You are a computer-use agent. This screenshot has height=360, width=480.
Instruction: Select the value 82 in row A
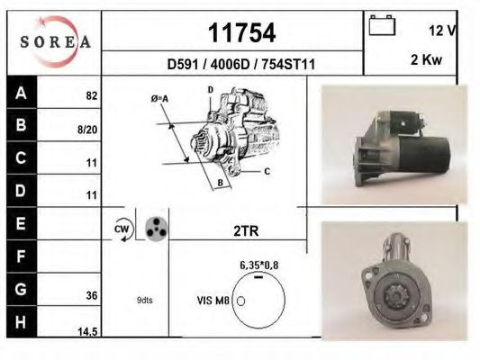(x=91, y=94)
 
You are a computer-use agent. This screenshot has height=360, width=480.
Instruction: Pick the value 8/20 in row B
(x=88, y=130)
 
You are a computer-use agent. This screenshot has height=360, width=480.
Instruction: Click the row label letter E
(x=22, y=223)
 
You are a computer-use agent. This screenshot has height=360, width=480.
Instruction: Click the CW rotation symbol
(x=122, y=230)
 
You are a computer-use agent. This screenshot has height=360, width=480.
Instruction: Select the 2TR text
(x=245, y=231)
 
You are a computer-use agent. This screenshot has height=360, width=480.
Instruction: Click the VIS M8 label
(x=213, y=301)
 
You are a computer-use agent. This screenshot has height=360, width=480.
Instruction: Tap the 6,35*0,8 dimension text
(x=258, y=265)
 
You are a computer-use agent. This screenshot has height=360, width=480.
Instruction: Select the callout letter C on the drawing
(x=267, y=169)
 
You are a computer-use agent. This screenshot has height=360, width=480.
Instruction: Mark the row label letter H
(x=22, y=322)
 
